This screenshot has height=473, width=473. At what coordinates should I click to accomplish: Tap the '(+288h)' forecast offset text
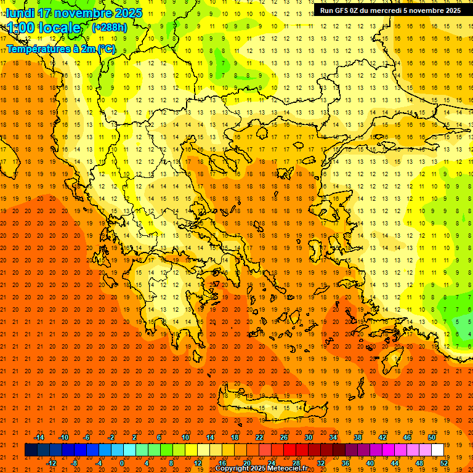[x=110, y=28]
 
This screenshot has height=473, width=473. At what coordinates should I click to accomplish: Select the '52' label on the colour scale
[x=444, y=463]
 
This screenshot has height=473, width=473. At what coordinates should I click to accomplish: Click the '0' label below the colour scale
[x=122, y=463]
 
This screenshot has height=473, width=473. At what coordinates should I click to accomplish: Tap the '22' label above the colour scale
[x=259, y=437]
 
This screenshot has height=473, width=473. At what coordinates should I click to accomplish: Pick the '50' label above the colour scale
[x=432, y=437]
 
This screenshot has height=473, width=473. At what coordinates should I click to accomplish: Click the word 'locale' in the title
[x=59, y=28]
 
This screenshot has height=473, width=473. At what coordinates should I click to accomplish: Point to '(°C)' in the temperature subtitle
[x=105, y=49]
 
